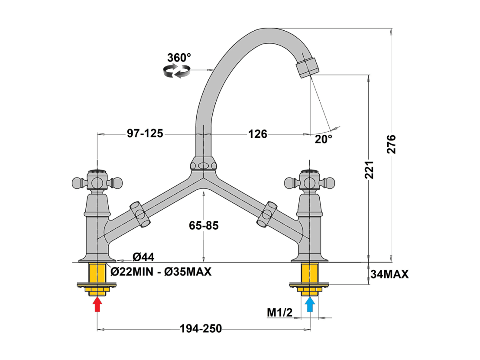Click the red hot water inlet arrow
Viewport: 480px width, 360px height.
(97, 304)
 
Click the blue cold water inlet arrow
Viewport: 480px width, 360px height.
(310, 304)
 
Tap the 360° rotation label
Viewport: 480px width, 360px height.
(179, 58)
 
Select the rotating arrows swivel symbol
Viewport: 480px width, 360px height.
(177, 71)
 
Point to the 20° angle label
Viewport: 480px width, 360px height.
(323, 139)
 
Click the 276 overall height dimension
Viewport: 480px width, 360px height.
(391, 144)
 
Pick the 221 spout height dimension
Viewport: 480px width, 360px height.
(369, 169)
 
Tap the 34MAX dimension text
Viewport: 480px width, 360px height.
(389, 274)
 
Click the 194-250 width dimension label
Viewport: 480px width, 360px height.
(201, 328)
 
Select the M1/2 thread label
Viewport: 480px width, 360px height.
(280, 312)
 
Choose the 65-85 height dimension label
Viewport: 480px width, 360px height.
(204, 226)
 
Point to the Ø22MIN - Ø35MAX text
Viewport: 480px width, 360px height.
(161, 272)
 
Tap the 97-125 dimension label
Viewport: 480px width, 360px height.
(145, 133)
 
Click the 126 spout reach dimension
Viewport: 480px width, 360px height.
(257, 134)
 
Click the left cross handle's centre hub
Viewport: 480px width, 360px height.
(97, 183)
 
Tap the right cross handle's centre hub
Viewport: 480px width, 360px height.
(310, 183)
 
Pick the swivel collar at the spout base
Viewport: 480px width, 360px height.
(203, 164)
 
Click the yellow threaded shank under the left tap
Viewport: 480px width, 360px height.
(97, 273)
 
